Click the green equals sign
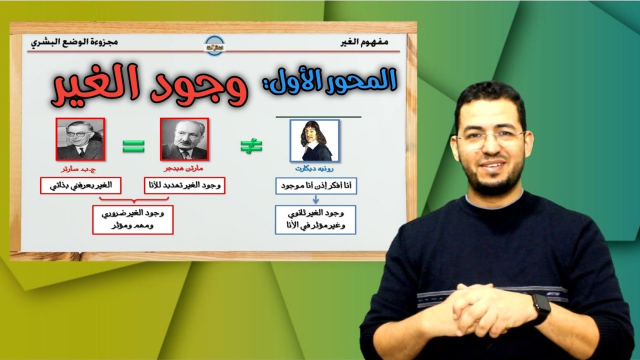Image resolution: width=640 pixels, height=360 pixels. (x=133, y=146)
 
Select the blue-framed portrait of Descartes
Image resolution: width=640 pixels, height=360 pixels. (x=314, y=140)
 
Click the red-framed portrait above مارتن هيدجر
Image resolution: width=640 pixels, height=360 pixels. (x=184, y=139)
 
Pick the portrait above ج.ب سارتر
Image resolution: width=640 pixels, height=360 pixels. (x=80, y=138)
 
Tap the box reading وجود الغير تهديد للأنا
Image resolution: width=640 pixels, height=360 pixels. (x=184, y=186)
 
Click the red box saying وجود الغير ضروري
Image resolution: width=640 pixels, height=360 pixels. (x=132, y=219)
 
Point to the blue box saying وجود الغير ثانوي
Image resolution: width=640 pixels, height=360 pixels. (x=315, y=219)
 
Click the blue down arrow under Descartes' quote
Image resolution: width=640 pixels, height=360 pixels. (x=315, y=199)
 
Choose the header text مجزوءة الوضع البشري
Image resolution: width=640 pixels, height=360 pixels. (x=74, y=42)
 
